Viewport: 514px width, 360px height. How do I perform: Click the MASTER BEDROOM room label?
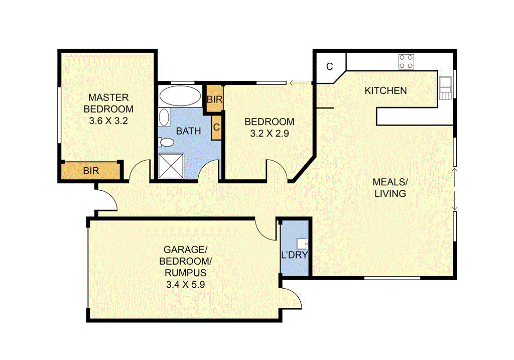click(108, 103)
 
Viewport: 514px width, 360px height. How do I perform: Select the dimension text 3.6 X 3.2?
click(108, 121)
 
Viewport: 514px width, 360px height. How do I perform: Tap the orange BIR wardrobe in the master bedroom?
click(91, 171)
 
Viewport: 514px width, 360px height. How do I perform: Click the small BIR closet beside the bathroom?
click(214, 99)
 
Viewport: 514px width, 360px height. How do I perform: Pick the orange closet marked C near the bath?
click(216, 127)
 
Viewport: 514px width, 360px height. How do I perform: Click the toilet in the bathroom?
click(165, 143)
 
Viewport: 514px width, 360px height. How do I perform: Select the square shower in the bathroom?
click(172, 166)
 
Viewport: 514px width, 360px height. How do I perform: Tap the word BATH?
click(188, 131)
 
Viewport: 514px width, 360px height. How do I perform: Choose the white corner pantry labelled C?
click(329, 67)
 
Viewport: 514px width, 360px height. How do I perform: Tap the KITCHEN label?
click(385, 91)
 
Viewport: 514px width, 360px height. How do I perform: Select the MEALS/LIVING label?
click(390, 187)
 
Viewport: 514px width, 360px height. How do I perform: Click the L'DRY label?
click(294, 255)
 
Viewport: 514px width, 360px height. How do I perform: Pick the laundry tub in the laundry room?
click(302, 244)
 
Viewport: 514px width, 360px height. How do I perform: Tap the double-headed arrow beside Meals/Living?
click(455, 189)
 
